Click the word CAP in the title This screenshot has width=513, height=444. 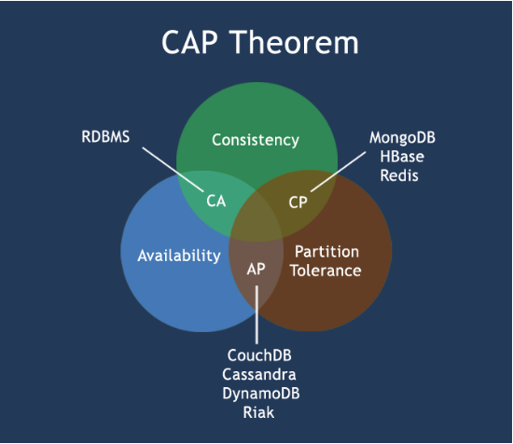pos(189,42)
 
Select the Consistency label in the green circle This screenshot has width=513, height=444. pos(256,140)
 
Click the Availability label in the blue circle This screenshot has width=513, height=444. pos(179,256)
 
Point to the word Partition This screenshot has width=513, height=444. pos(326,252)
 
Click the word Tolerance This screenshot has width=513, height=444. pos(326,271)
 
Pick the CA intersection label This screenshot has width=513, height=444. pos(216,201)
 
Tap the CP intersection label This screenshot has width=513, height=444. pos(298,202)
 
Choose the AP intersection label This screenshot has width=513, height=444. pos(256,269)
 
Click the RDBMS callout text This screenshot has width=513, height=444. pos(105,137)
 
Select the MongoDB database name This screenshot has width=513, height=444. pos(402,138)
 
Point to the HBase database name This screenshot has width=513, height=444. pos(402,157)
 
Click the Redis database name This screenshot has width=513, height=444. pos(399,175)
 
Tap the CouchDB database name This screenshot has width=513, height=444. pos(259,355)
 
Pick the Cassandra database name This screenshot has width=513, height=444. pos(259,375)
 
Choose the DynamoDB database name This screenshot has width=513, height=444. pos(261,394)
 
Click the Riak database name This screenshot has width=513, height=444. pos(258,412)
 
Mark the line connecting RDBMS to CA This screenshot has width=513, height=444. pos(173,170)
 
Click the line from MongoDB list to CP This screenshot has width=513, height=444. pos(339,172)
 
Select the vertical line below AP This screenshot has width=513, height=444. pos(256,314)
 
